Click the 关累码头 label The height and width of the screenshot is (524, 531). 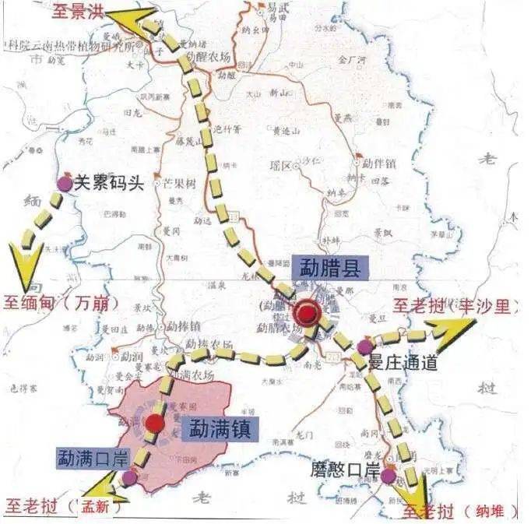[x=108, y=184]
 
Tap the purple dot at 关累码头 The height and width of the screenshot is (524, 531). [x=64, y=185]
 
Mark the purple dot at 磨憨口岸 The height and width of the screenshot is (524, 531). [x=389, y=473]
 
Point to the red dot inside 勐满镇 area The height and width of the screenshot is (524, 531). [x=156, y=424]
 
